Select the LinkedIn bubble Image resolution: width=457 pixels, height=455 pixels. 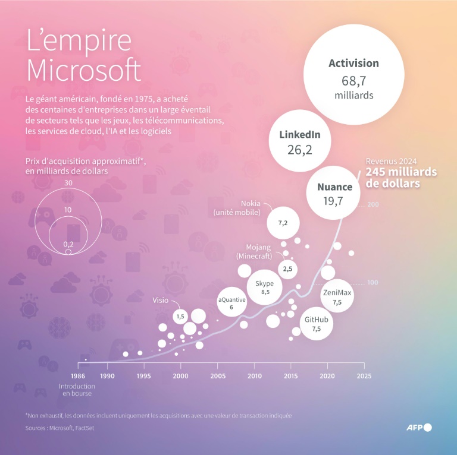coord(300,141)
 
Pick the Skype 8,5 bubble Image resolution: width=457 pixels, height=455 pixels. coord(265,287)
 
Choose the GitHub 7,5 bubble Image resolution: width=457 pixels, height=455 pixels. coord(317,323)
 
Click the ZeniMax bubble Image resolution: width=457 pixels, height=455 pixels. coord(337,296)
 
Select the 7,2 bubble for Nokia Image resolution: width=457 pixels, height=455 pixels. coord(283,223)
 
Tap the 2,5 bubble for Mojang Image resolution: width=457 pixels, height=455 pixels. coord(287,269)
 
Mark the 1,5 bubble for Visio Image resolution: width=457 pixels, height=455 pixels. coord(180,317)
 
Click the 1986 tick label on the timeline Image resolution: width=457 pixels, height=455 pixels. coord(77,376)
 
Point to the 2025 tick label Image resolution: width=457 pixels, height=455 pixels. coord(364,376)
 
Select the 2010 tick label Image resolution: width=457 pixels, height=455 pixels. coord(255,376)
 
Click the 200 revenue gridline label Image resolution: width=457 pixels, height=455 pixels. coord(373,205)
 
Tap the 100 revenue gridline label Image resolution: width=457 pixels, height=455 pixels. coord(373,282)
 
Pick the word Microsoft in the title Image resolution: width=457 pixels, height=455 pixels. coord(84,71)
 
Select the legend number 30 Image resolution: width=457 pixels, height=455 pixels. coord(68,183)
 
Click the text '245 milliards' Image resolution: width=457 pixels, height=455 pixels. coord(402,172)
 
